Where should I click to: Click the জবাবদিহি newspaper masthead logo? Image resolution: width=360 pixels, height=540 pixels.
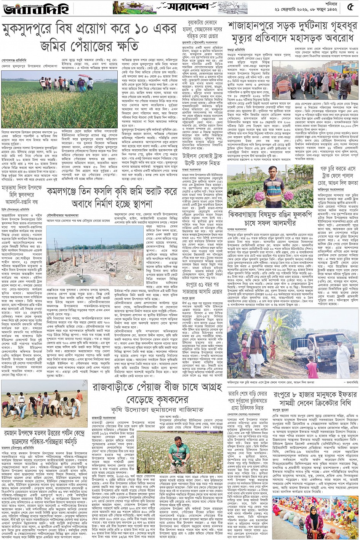tap(27, 8)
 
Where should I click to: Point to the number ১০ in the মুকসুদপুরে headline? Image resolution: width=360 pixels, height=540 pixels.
tap(132, 29)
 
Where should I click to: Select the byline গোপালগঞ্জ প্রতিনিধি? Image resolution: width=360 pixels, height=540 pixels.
tap(14, 60)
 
